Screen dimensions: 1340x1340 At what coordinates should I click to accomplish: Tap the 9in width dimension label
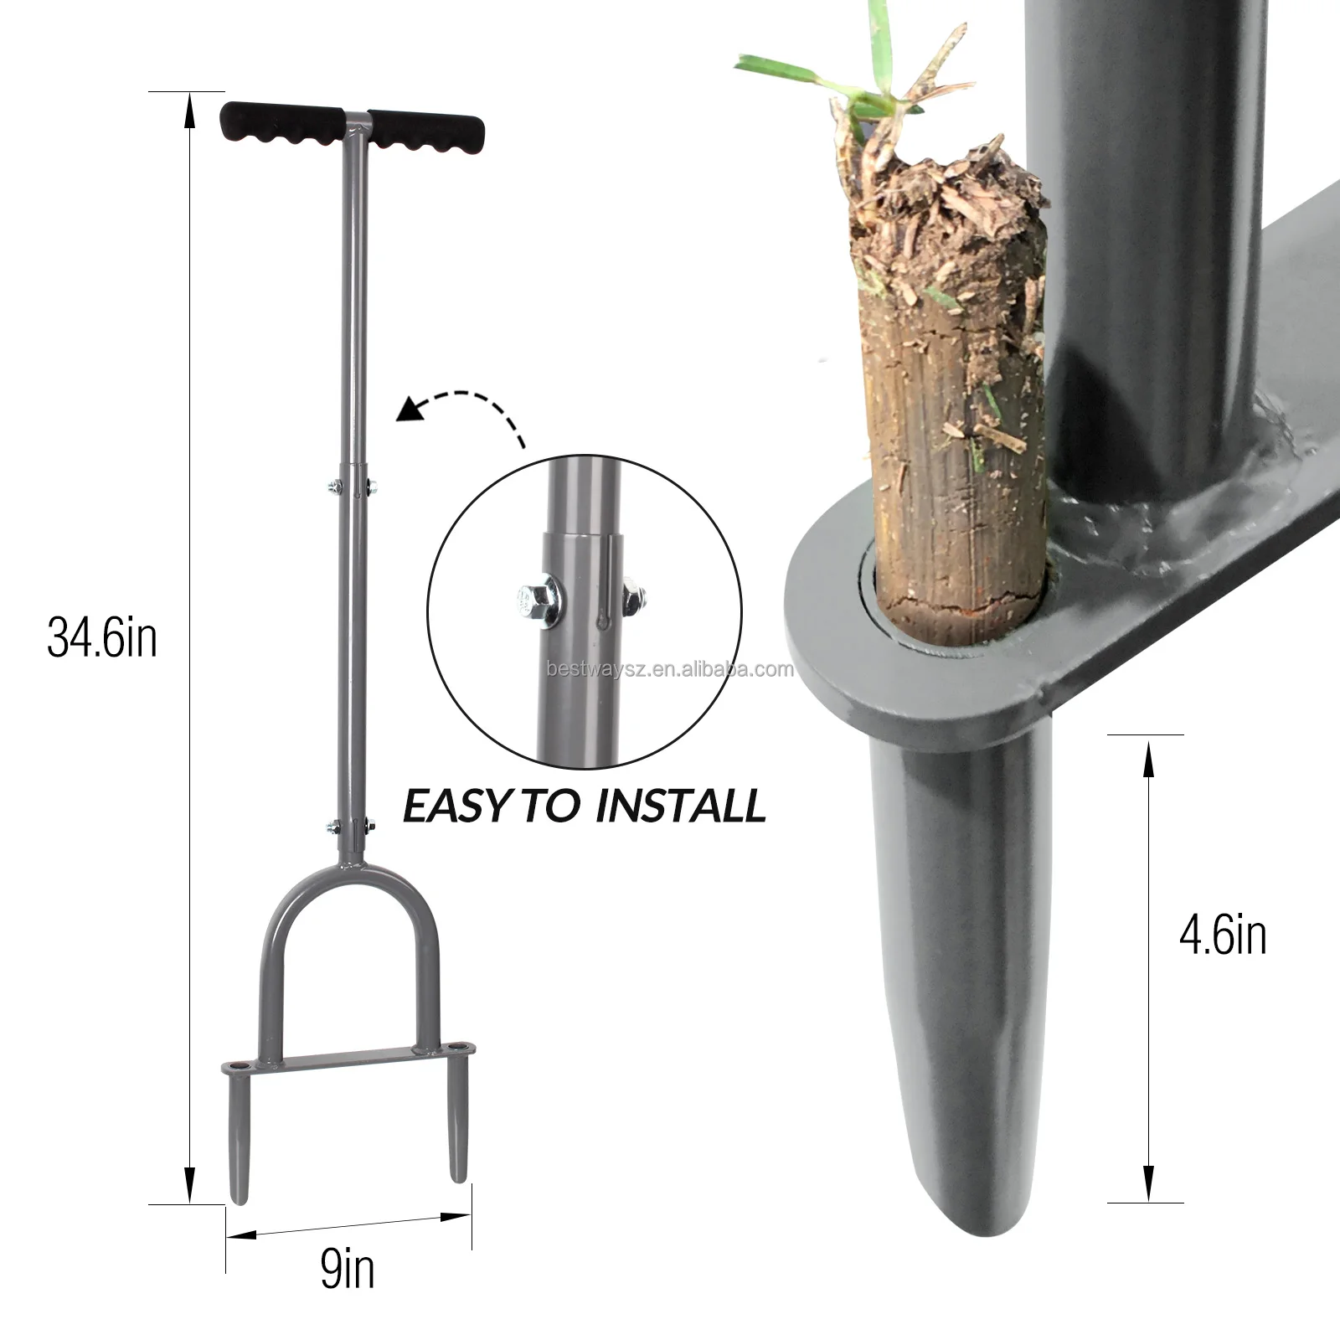coord(347,1270)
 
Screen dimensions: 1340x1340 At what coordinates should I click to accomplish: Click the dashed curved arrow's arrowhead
coord(410,410)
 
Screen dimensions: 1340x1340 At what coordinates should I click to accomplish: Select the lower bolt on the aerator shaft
coord(351,827)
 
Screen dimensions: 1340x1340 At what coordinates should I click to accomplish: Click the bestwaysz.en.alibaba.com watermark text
coord(669,669)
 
